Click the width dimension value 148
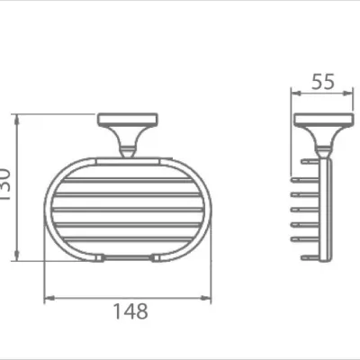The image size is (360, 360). (131, 311)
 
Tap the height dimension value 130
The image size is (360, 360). (8, 185)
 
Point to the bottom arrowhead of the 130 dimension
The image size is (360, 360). (18, 257)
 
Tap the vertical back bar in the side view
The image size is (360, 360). (328, 207)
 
